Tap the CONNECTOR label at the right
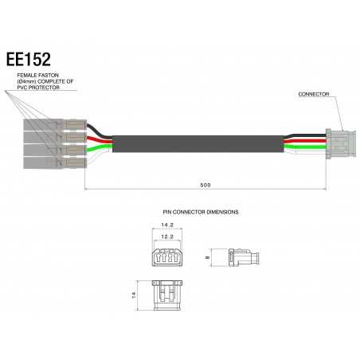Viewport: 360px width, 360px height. click(x=315, y=94)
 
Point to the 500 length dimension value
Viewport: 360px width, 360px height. click(x=205, y=185)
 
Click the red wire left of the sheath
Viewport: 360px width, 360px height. click(x=101, y=140)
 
